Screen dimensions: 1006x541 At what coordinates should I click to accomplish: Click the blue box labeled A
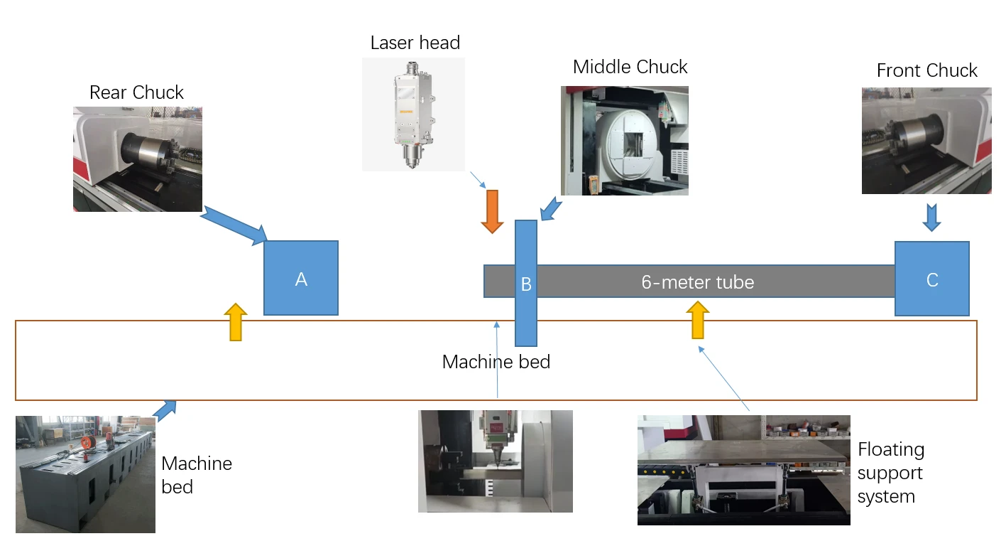tap(301, 278)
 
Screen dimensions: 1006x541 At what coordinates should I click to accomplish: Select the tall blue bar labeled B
tap(526, 284)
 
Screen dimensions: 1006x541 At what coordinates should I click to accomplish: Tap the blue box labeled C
tap(932, 279)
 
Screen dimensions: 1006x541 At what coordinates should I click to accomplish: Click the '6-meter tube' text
tap(697, 282)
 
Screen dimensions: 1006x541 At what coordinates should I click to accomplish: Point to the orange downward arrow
tap(492, 211)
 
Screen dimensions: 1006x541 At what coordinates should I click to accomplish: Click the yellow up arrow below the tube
tap(697, 320)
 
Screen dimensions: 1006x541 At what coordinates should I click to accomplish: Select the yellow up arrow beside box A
tap(236, 322)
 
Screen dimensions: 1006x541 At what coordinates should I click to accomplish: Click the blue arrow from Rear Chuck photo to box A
tap(234, 226)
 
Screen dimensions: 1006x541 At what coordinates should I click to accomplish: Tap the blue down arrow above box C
tap(932, 218)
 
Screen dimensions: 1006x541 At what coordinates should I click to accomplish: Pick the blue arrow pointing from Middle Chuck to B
tap(551, 209)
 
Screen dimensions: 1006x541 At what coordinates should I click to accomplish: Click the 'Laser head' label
tap(415, 43)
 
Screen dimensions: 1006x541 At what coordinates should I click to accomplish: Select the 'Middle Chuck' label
tap(630, 67)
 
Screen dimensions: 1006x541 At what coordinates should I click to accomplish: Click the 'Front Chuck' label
tap(927, 70)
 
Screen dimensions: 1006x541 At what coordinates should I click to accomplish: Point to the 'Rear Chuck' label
tap(136, 92)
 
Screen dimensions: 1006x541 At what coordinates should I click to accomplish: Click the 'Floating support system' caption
tap(890, 473)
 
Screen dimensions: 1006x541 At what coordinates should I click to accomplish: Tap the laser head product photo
tap(413, 114)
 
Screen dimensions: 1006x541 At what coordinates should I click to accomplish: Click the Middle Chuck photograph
tap(624, 141)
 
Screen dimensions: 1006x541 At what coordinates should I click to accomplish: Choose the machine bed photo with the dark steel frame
tap(85, 474)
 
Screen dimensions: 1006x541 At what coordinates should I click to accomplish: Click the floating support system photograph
tap(744, 470)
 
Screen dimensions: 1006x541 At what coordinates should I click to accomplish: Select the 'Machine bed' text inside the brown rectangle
tap(496, 362)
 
